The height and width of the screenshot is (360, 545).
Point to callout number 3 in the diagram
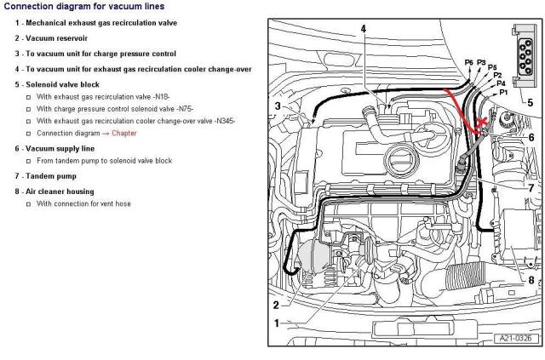(x=278, y=106)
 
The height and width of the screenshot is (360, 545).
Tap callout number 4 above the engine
(x=363, y=29)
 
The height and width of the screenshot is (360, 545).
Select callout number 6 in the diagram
(x=531, y=137)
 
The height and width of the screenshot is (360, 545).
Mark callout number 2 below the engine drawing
(x=276, y=329)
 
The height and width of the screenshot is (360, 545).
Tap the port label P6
(x=468, y=63)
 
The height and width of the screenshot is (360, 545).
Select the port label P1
(x=503, y=91)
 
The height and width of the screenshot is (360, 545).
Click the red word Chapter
(x=123, y=133)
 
